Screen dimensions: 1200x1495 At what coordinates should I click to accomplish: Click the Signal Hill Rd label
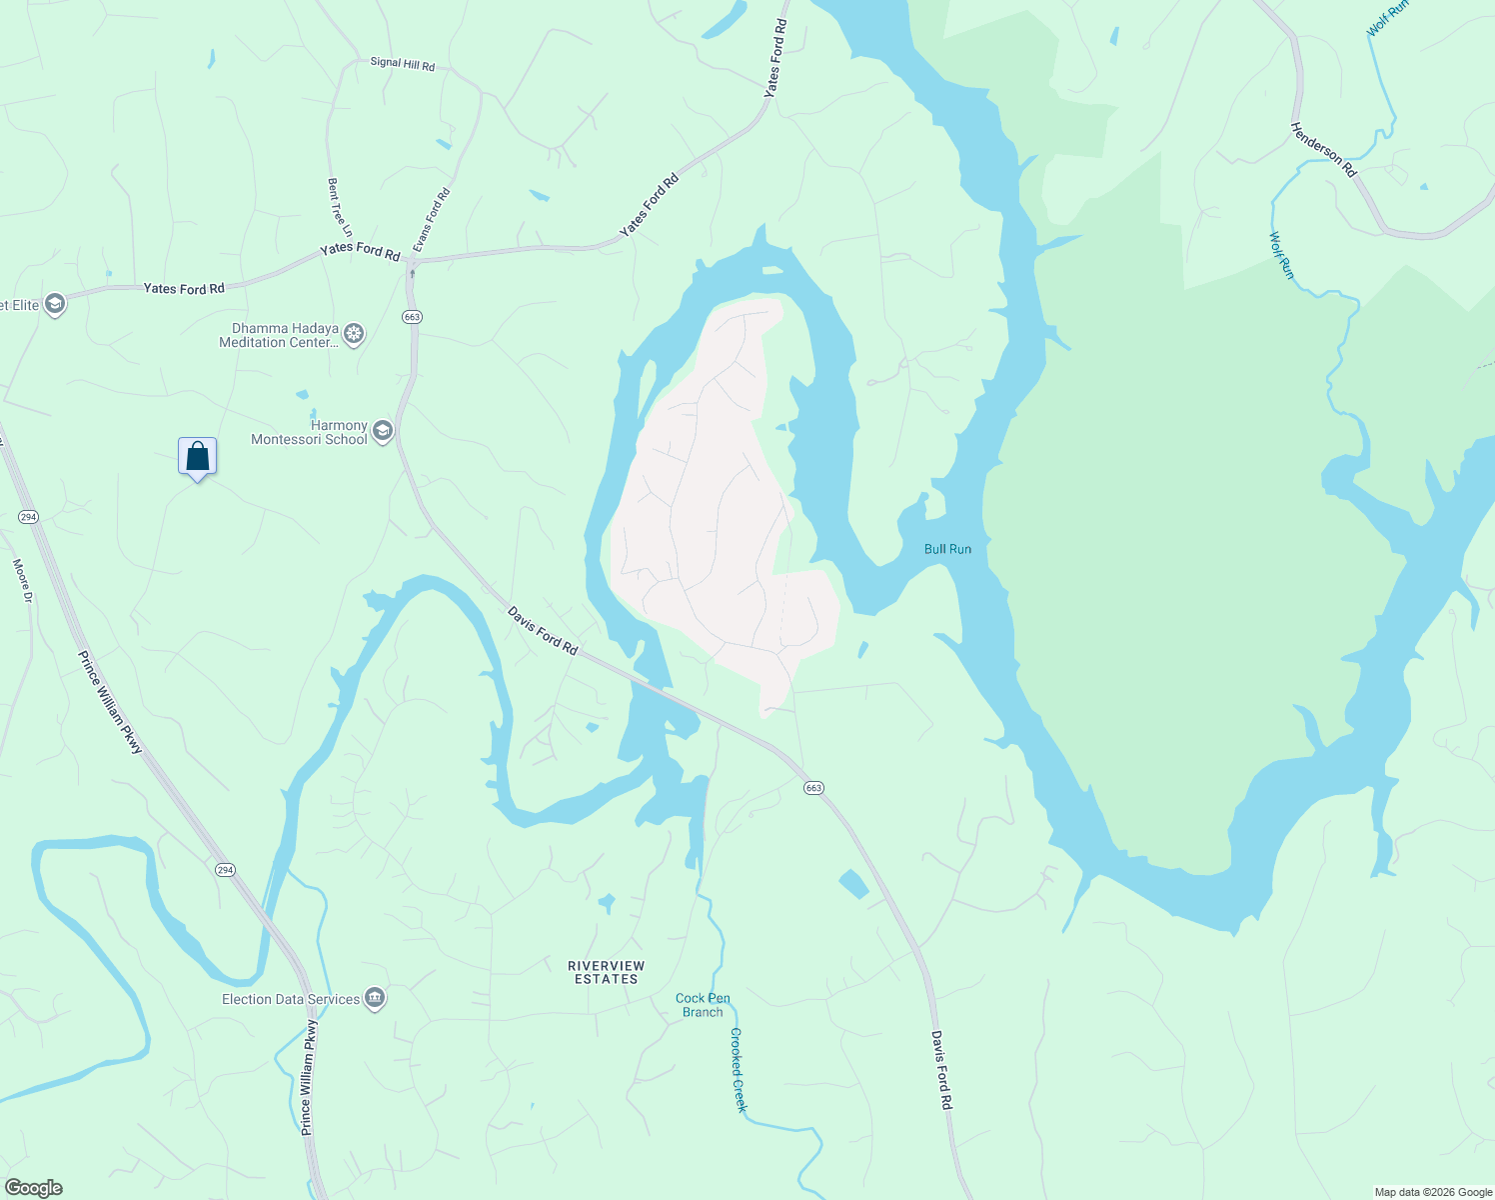coord(403,63)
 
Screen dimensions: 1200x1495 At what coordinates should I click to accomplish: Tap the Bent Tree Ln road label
coord(339,208)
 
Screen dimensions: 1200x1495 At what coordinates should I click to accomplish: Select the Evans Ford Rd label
coord(432,219)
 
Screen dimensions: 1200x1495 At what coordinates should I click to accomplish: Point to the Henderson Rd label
coord(1323,150)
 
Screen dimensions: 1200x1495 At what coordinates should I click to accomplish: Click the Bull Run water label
coord(947,549)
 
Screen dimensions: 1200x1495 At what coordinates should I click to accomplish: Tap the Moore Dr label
coord(22,581)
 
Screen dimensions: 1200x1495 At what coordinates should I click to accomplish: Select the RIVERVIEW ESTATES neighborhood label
coord(607,972)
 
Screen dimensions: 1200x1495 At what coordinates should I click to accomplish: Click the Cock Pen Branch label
coord(703,1005)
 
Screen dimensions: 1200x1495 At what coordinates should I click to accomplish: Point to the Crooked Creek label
coord(739,1070)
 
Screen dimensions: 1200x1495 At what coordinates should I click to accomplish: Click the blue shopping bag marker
coord(198,457)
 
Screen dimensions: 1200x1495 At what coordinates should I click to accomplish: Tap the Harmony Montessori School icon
coord(382,432)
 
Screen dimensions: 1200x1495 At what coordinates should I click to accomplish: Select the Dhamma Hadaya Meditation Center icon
coord(354,334)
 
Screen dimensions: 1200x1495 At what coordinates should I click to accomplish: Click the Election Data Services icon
coord(375,998)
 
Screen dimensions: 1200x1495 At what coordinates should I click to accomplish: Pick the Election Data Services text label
coord(290,999)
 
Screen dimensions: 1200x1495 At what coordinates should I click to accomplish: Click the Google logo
coord(34,1188)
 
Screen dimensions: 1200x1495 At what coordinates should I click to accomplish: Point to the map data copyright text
coord(1432,1192)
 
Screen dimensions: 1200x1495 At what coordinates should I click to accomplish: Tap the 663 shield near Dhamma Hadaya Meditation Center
coord(413,316)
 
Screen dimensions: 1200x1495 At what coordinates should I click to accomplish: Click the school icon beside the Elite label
coord(55,304)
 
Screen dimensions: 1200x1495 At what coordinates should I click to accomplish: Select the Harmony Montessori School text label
coord(310,432)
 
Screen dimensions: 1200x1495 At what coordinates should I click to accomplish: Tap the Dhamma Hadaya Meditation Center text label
coord(281,335)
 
